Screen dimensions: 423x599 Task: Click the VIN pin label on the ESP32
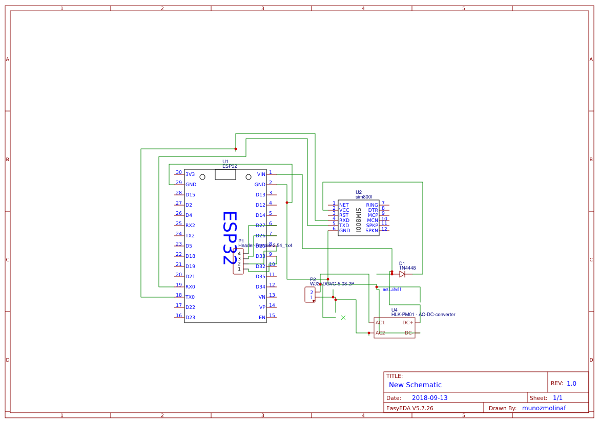coord(261,174)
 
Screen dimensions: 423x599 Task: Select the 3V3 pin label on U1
coord(190,174)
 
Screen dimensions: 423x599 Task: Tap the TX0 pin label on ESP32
coord(190,297)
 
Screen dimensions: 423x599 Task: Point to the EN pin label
coord(262,318)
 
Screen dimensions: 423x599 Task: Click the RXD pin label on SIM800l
coord(344,220)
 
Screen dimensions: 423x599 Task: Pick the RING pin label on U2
coord(372,205)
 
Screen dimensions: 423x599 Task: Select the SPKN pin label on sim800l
coord(371,231)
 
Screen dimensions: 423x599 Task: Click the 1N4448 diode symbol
coord(402,274)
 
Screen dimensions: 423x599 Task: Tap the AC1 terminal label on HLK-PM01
coord(380,323)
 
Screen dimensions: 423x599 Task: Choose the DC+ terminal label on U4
coord(408,323)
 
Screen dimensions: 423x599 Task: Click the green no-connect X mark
coord(343,318)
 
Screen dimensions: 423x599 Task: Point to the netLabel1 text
coord(392,290)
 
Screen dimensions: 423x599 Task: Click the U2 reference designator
coord(359,192)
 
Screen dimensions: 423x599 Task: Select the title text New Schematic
coord(415,385)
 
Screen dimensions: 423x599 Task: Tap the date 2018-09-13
coord(429,398)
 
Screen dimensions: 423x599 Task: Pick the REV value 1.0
coord(571,384)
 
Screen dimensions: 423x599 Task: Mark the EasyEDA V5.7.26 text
coord(409,408)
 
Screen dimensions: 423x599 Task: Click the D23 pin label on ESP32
coord(190,318)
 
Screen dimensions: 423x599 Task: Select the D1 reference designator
coord(402,264)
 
